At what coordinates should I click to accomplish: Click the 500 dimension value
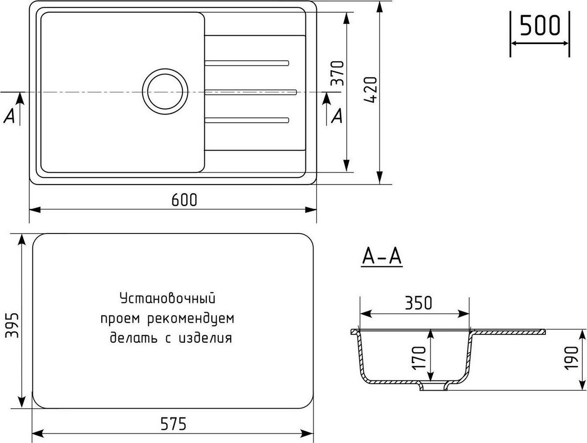tap(540, 25)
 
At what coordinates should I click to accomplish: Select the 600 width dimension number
tap(184, 200)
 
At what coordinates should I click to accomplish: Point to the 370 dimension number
tap(338, 73)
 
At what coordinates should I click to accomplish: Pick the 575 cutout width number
tap(173, 424)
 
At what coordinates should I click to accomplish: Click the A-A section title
tap(382, 256)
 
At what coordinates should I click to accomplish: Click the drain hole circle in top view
tap(165, 92)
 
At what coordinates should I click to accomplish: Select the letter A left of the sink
tap(9, 116)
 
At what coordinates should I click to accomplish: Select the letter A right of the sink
tap(337, 116)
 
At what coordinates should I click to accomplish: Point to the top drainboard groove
tap(247, 63)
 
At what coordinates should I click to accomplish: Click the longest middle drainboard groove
tap(251, 92)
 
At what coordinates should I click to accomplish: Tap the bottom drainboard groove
tap(247, 120)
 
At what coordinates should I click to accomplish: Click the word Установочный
tap(168, 299)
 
